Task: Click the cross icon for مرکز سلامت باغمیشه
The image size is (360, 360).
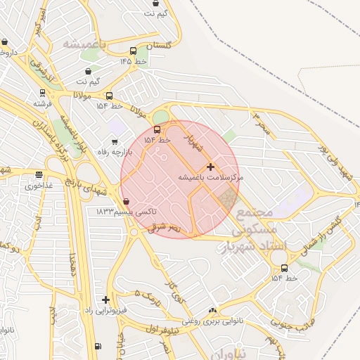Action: pyautogui.click(x=210, y=167)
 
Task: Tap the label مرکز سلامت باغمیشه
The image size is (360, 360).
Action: pyautogui.click(x=210, y=179)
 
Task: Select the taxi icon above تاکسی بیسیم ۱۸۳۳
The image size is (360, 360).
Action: pyautogui.click(x=126, y=202)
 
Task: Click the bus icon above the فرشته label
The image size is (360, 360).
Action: pyautogui.click(x=43, y=92)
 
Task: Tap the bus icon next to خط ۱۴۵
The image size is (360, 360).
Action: pyautogui.click(x=134, y=51)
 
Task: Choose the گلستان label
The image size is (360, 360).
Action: pyautogui.click(x=158, y=44)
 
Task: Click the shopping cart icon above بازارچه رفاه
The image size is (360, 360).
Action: pyautogui.click(x=115, y=142)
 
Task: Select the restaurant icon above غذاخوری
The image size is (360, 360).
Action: pyautogui.click(x=39, y=175)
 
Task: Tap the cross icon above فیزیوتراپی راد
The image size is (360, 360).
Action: pyautogui.click(x=105, y=300)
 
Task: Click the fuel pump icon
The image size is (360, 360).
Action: pyautogui.click(x=97, y=346)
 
